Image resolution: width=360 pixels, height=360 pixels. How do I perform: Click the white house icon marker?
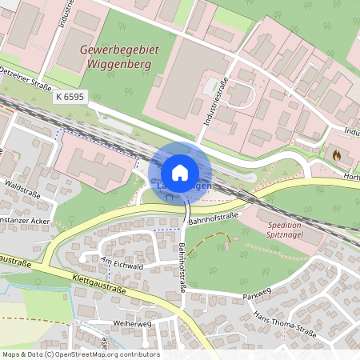pos(180,172)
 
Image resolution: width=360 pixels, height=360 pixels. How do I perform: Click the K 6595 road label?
pos(70,96)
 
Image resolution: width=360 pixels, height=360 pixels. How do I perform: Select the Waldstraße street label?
pos(22,185)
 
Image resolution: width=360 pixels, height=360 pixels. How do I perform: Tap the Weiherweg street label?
pos(132,324)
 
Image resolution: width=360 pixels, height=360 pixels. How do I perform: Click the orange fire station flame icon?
pos(335,154)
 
